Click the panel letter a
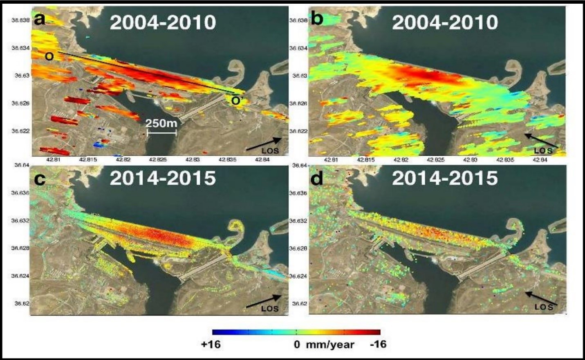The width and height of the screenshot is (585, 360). tap(40, 19)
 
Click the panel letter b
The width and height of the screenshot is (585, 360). tap(317, 19)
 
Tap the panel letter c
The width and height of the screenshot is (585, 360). tap(40, 179)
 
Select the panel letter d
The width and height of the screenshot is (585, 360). tap(317, 179)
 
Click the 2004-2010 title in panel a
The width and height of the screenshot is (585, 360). tap(163, 22)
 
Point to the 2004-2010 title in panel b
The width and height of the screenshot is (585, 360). tap(445, 22)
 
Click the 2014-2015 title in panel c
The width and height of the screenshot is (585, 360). tap(163, 178)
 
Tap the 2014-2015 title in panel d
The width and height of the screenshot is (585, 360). tap(445, 178)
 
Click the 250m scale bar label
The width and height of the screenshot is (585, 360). tap(161, 123)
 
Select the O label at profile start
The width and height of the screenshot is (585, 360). tap(49, 56)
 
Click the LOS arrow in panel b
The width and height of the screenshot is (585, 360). tap(540, 141)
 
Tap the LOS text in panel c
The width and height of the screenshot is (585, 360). tap(269, 309)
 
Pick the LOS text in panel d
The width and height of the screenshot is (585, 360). tap(544, 307)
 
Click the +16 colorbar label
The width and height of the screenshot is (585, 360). tap(211, 344)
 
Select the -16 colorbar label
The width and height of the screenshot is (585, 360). tap(378, 344)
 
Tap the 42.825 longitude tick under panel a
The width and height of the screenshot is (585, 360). tap(158, 160)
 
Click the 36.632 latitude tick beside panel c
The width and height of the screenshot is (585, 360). tap(20, 221)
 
